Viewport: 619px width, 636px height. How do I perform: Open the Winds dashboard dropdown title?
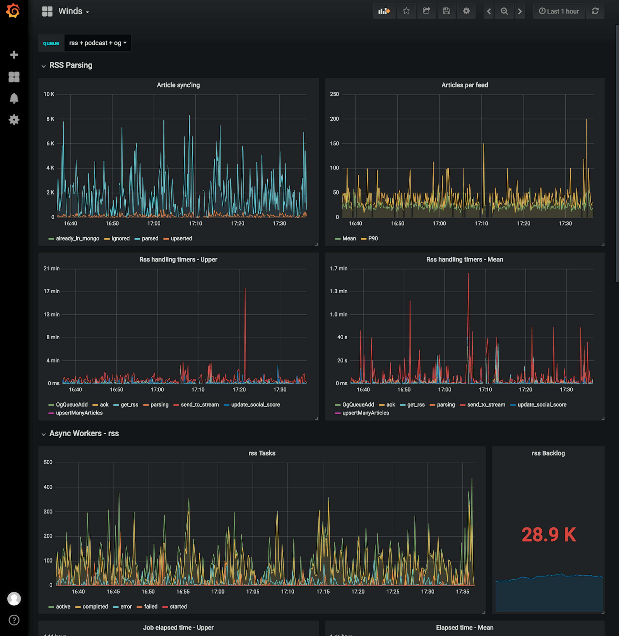pyautogui.click(x=73, y=11)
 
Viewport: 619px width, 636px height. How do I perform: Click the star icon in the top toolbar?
pyautogui.click(x=406, y=11)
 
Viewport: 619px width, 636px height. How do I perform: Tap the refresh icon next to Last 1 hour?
pyautogui.click(x=595, y=11)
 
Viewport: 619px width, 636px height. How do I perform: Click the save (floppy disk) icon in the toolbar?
pyautogui.click(x=446, y=11)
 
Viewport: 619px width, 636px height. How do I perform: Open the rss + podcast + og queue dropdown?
pyautogui.click(x=98, y=43)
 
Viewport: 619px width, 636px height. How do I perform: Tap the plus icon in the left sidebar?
pyautogui.click(x=14, y=55)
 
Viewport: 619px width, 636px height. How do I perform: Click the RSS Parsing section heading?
pyautogui.click(x=71, y=65)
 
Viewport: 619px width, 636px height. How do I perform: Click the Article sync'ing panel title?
pyautogui.click(x=178, y=85)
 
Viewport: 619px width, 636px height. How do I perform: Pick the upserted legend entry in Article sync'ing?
pyautogui.click(x=181, y=238)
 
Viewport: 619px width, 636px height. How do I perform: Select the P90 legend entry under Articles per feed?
pyautogui.click(x=373, y=238)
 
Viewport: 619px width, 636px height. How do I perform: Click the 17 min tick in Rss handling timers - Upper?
pyautogui.click(x=51, y=291)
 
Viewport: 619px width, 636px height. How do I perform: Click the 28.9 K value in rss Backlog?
pyautogui.click(x=548, y=535)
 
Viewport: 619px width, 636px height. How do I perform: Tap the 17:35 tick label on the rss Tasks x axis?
pyautogui.click(x=462, y=592)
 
